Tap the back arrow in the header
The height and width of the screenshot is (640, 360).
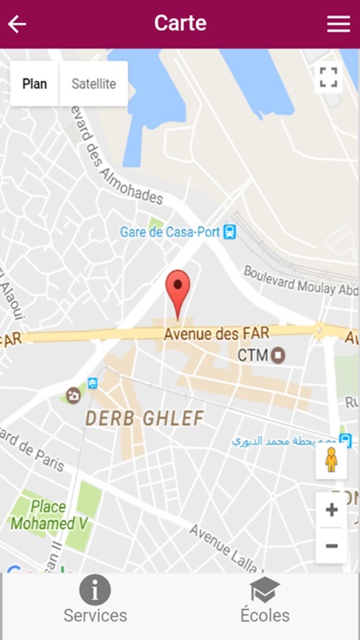pos(17,24)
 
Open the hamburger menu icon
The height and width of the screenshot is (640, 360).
pos(339,24)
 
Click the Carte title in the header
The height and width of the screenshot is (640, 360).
pos(180,23)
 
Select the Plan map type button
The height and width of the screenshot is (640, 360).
pos(35,84)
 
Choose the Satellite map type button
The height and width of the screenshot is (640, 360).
pos(94,84)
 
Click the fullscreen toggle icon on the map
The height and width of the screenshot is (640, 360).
pos(328,78)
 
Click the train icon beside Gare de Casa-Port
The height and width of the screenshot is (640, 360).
pos(229,231)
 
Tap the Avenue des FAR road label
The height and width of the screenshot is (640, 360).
pos(213,334)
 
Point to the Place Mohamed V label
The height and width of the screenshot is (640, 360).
pos(49,515)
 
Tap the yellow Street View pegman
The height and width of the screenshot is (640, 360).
pos(331,462)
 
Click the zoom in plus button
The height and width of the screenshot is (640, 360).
pos(331,510)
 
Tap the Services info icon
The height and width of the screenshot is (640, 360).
pos(95,590)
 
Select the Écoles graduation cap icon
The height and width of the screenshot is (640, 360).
pos(264,590)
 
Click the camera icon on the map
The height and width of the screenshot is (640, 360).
pos(73,395)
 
